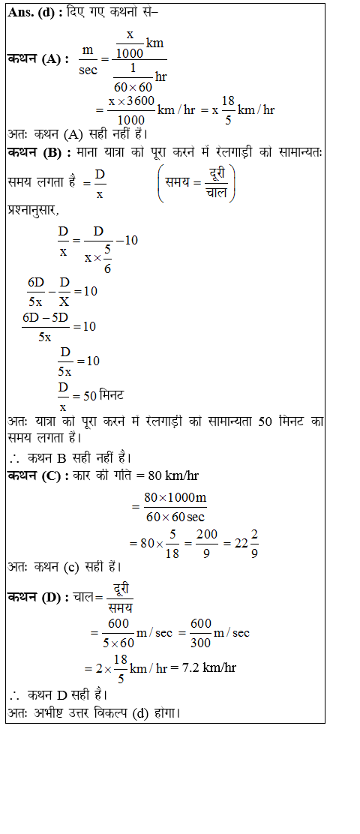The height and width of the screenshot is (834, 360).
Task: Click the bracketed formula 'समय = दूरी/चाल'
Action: pyautogui.click(x=196, y=183)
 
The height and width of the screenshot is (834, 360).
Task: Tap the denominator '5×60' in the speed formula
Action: pyautogui.click(x=118, y=642)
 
